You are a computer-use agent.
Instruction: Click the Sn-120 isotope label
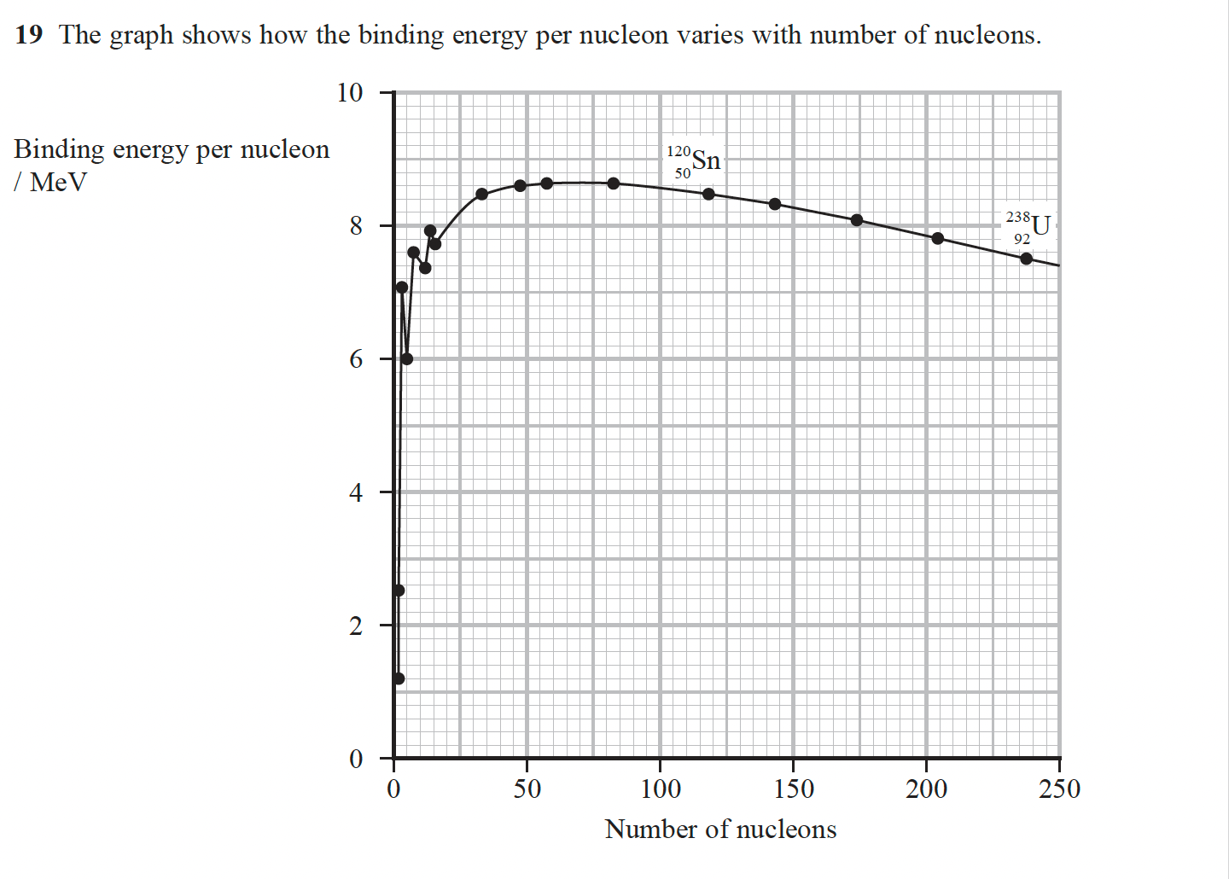point(694,160)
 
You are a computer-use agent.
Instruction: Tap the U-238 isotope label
point(1028,227)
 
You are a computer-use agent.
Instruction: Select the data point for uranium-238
point(1026,259)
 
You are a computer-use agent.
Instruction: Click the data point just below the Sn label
point(708,194)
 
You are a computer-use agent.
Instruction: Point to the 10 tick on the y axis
point(350,92)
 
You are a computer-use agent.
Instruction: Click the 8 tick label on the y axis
point(355,226)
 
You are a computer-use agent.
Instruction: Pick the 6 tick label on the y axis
point(355,359)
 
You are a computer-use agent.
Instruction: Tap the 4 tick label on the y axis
point(355,492)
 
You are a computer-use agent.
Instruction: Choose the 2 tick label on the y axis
point(355,626)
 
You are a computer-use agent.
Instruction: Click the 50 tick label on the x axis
point(527,789)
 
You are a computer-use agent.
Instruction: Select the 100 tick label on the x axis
point(660,789)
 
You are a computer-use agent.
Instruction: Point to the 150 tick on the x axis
point(793,789)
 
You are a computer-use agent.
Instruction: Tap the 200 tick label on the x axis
point(926,789)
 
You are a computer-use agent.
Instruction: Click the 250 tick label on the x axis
point(1059,789)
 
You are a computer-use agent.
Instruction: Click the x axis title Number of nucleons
point(720,830)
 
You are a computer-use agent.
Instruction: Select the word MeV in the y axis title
point(58,183)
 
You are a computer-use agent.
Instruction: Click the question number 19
point(28,35)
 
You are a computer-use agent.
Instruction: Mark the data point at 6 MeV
point(407,358)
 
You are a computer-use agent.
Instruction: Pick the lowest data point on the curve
point(399,678)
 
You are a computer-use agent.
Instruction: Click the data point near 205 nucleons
point(938,238)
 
